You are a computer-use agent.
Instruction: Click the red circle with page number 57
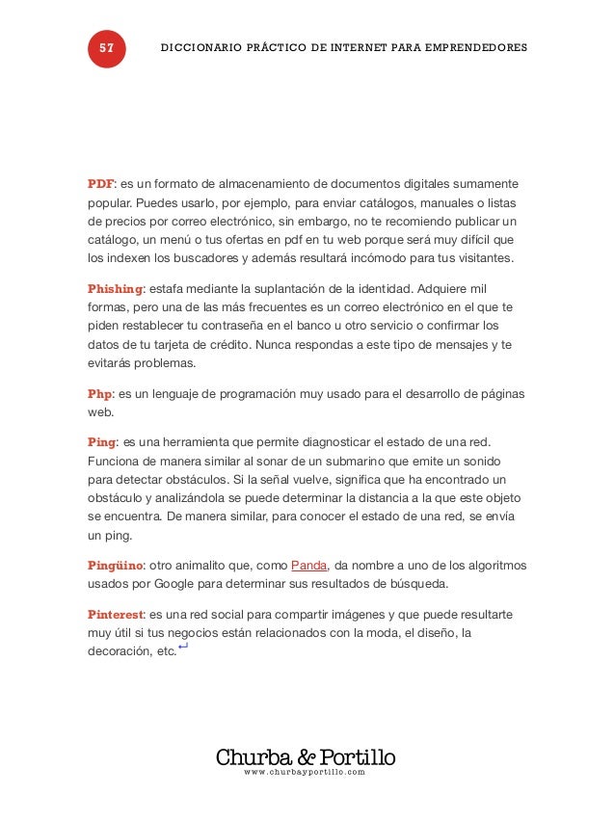(x=106, y=48)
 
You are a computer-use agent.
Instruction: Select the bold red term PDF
(x=100, y=183)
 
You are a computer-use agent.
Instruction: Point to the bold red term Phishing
(x=115, y=288)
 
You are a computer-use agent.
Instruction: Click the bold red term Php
(x=99, y=393)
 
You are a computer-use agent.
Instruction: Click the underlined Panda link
(x=309, y=566)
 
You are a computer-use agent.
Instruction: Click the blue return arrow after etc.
(x=183, y=648)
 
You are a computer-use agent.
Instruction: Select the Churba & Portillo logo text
(x=306, y=756)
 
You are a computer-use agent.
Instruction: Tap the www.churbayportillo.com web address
(x=306, y=773)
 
